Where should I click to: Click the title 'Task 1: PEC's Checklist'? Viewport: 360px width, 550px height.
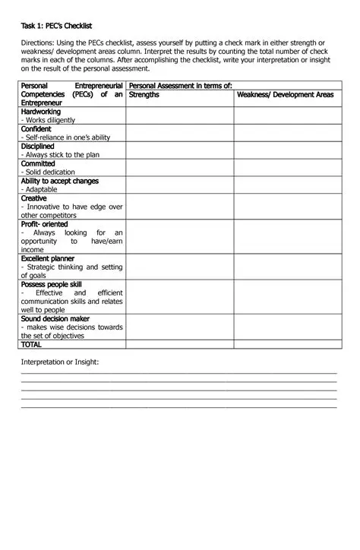(x=56, y=26)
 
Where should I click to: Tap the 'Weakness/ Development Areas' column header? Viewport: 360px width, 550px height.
(x=285, y=95)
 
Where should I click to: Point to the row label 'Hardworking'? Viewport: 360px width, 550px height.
(x=41, y=111)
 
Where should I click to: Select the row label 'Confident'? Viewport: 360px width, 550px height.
(x=36, y=128)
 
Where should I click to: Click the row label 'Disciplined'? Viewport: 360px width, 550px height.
(x=38, y=146)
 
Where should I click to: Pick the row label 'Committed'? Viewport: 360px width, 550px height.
(x=38, y=163)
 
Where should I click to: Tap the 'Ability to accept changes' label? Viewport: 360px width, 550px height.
(x=60, y=181)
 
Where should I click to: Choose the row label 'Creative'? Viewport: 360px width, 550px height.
(x=34, y=198)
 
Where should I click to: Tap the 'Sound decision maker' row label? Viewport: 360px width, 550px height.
(x=55, y=319)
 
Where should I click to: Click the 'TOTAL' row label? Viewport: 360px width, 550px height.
(x=32, y=344)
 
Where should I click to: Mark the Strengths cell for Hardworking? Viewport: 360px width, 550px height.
(x=179, y=115)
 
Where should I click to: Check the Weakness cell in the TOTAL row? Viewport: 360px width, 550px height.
(x=285, y=344)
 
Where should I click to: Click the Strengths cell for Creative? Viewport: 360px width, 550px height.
(x=179, y=207)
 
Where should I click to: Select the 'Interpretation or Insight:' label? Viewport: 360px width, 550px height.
(x=60, y=362)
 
